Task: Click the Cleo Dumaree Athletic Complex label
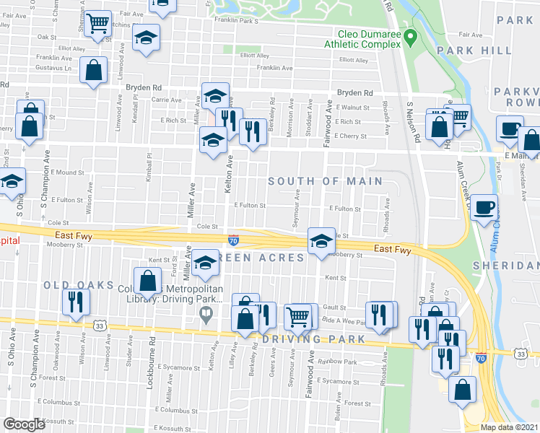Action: click(368, 39)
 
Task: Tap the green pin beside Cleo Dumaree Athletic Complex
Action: click(410, 35)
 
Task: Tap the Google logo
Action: click(25, 424)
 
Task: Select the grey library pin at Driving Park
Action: click(206, 314)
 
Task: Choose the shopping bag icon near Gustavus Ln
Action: click(94, 71)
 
